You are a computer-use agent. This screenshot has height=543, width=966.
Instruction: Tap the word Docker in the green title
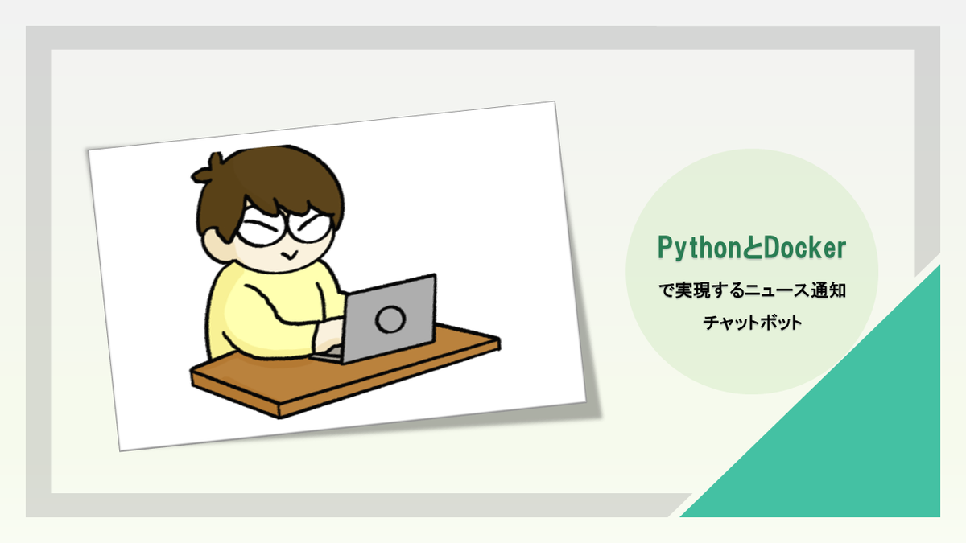coord(805,248)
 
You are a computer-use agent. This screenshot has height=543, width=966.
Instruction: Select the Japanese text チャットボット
coord(753,323)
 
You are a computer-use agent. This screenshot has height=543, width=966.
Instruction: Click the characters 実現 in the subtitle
coord(692,290)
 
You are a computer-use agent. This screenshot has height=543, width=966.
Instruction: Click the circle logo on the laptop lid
coord(390,319)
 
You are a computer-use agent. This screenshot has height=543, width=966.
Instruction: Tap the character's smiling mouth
coord(289,255)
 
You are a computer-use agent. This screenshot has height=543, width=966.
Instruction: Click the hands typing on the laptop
coord(328,335)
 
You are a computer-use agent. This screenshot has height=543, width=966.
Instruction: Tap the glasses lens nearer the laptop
coord(312,227)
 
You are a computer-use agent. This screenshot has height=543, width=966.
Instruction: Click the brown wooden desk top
coord(345,372)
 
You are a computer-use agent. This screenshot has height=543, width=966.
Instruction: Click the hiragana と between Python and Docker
coord(753,248)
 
